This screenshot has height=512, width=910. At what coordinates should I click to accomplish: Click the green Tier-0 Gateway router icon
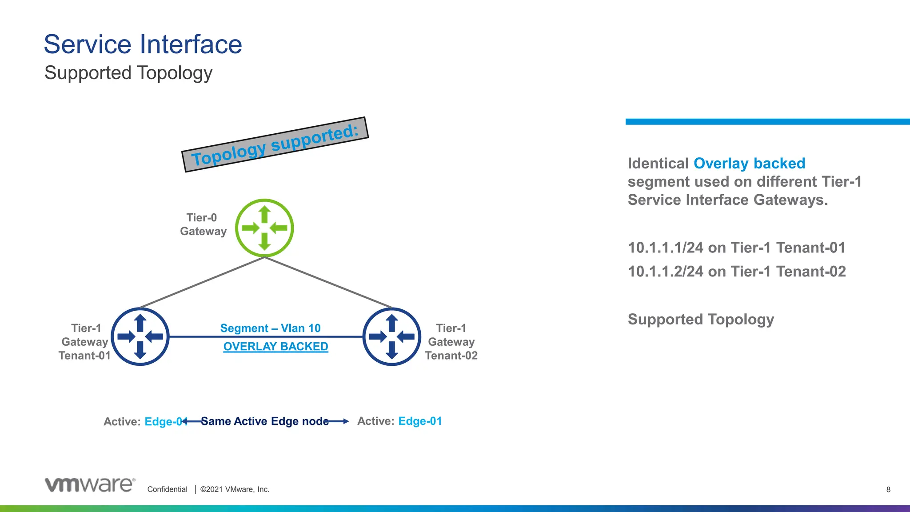[x=264, y=228]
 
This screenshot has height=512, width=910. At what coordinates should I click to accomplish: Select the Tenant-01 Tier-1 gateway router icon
[x=140, y=337]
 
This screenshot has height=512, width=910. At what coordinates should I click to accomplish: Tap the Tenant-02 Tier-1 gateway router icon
[x=392, y=337]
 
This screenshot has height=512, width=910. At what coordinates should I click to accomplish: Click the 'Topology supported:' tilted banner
[x=275, y=144]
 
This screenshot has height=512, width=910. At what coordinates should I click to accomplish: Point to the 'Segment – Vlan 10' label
[x=270, y=328]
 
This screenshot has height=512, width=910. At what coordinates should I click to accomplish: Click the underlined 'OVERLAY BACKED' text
[x=275, y=346]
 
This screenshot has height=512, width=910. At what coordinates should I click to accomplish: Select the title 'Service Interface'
[x=143, y=44]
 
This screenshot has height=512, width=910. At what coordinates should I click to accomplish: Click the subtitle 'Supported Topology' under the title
[x=128, y=73]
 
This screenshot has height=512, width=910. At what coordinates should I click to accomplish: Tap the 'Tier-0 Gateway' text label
[x=203, y=224]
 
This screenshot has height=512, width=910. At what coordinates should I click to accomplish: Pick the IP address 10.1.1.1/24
[x=665, y=248]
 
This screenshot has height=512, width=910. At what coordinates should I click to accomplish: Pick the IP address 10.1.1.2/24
[x=665, y=272]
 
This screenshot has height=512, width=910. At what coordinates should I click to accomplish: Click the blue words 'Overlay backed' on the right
[x=749, y=164]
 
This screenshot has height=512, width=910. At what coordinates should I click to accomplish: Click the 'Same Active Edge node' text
[x=265, y=421]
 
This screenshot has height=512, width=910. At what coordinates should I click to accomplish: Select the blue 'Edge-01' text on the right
[x=420, y=421]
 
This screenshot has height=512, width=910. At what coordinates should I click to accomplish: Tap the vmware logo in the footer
[x=90, y=484]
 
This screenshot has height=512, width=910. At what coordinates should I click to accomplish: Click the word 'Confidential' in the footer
[x=167, y=489]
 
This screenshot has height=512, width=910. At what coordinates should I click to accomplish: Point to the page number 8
[x=888, y=489]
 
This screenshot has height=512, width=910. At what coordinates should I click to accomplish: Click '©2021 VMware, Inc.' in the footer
[x=235, y=489]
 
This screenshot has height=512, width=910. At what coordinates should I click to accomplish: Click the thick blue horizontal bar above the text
[x=767, y=121]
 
